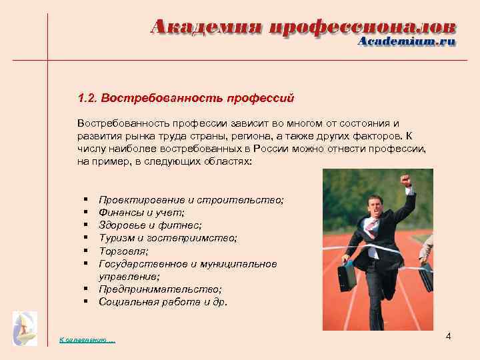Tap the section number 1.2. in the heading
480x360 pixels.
tap(87, 98)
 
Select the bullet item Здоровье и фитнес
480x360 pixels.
tap(150, 225)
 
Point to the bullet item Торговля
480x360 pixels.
tap(123, 251)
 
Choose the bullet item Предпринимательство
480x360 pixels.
tap(160, 289)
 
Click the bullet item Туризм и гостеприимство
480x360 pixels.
tap(167, 238)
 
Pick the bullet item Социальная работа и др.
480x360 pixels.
tap(163, 301)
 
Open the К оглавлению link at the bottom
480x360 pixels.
tap(87, 341)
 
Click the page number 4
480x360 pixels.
tap(448, 336)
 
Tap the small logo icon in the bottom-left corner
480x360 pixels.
tap(25, 328)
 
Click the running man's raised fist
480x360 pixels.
tap(405, 179)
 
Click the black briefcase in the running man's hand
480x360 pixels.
tap(347, 275)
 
